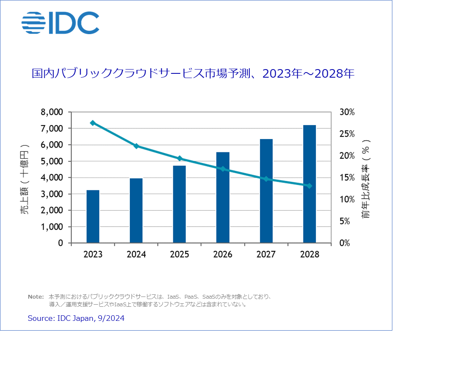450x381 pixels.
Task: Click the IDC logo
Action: pos(60,23)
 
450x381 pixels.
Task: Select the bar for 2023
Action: pos(93,216)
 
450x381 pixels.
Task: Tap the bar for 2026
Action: pos(222,198)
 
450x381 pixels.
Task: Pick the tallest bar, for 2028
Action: pos(309,184)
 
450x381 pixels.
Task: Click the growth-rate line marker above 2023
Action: pos(93,123)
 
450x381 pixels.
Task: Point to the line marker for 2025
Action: pos(179,158)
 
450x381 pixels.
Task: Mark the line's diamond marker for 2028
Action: pos(309,186)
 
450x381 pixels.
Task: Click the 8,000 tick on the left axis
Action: pos(52,112)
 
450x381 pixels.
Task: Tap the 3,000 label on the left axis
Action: pos(52,194)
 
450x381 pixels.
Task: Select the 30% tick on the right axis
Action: pos(346,112)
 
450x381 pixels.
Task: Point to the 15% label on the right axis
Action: pos(346,177)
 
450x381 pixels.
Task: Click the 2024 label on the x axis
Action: pos(136,255)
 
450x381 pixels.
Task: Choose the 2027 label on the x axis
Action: pos(266,255)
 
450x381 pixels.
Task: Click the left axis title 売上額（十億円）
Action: pos(25,177)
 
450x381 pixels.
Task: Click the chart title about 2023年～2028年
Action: pos(193,74)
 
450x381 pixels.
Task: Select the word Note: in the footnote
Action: pos(36,297)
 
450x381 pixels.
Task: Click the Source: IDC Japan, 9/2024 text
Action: pos(76,318)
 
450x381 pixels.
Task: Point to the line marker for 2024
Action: pos(136,146)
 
